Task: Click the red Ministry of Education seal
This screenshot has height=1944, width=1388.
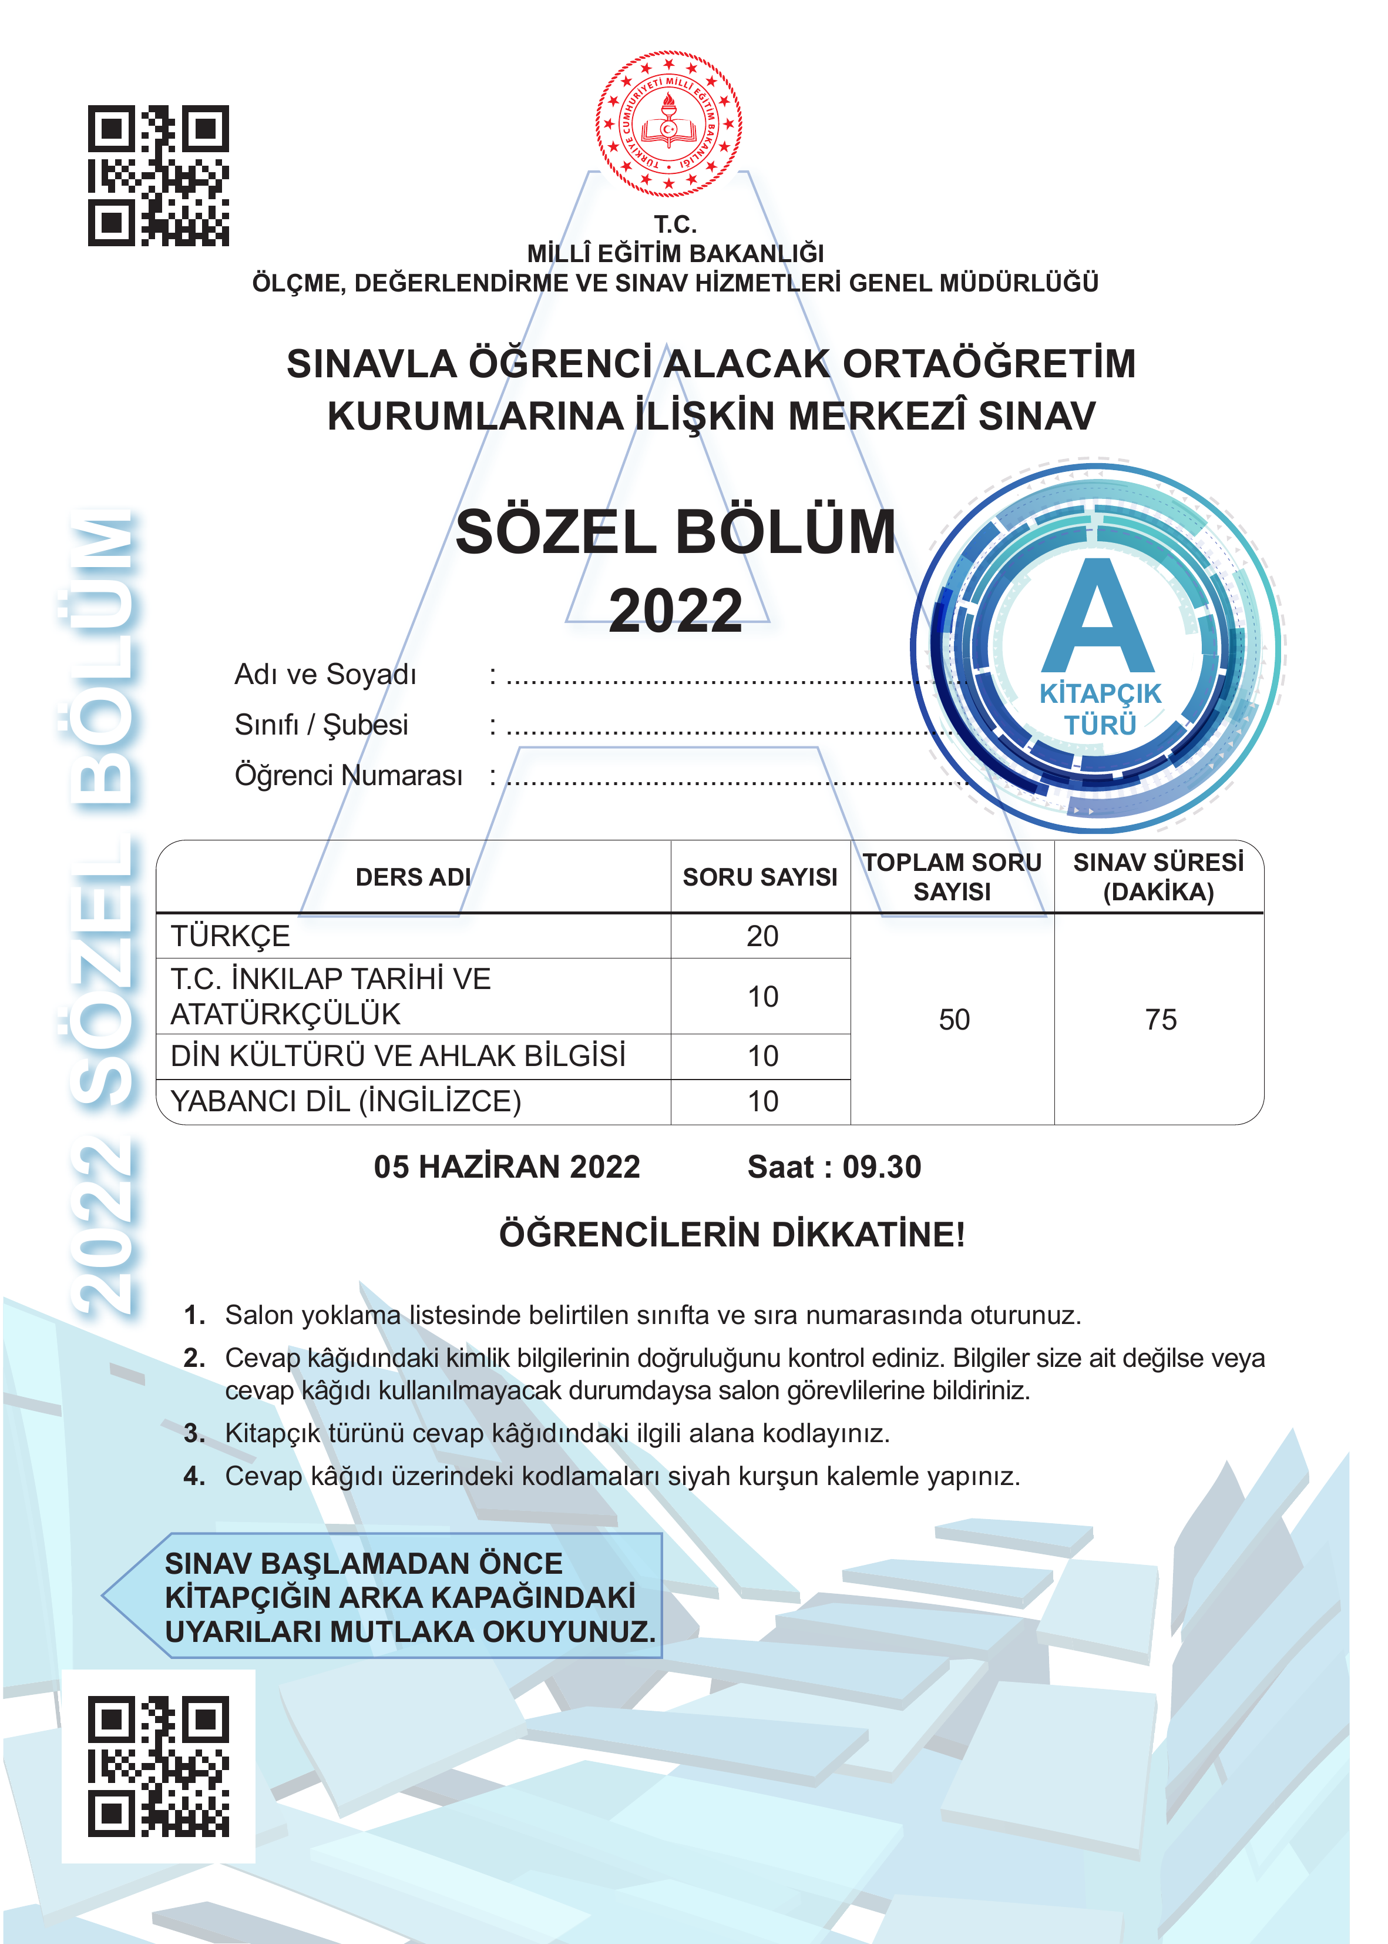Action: pos(668,124)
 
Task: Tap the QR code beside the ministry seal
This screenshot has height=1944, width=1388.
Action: pos(158,176)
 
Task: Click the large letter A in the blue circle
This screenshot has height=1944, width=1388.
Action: pos(1098,618)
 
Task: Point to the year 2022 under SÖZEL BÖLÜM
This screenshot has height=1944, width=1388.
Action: pos(675,611)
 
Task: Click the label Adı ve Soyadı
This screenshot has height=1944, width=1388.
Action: pos(325,675)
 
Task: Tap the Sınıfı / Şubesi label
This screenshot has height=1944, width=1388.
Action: pos(321,725)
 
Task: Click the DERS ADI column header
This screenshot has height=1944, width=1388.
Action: pos(413,877)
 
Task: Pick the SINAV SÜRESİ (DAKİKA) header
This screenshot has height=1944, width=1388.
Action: pos(1158,877)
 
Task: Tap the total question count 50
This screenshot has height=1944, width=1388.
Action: pos(954,1020)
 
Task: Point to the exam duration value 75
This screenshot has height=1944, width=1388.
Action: pos(1161,1020)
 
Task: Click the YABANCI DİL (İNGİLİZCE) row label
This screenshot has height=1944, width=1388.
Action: pos(345,1102)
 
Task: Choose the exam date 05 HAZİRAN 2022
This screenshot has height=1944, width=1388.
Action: pos(507,1168)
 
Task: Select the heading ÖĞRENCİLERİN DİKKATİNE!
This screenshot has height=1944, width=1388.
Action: pos(732,1235)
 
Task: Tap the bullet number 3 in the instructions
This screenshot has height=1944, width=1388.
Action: pos(194,1433)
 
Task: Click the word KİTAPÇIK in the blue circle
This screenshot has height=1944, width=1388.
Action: pos(1100,693)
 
